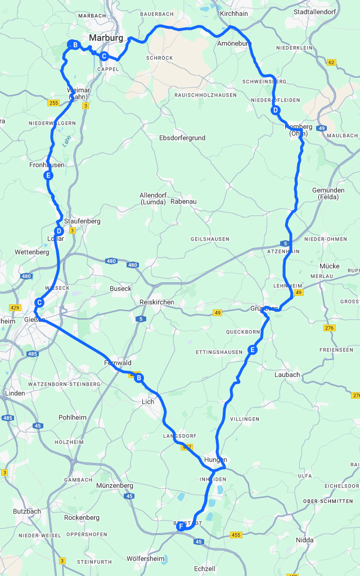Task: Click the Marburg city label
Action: coord(106,38)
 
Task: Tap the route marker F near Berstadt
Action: coord(181,527)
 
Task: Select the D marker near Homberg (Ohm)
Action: coord(275,110)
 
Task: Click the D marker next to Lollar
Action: coord(58,231)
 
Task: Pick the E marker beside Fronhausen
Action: coord(48,175)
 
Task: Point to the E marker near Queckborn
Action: coord(252,350)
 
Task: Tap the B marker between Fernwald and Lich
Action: coord(139,378)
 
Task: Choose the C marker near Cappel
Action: coord(104,56)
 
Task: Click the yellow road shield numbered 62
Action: coord(331,62)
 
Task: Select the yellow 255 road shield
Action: coord(53,103)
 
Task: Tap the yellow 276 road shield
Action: coord(329,328)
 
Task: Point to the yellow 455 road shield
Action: coord(235,535)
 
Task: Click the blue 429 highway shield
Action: coord(15,308)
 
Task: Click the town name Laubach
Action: coord(287,375)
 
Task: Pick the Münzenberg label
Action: coord(114,485)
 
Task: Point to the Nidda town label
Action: coord(304,540)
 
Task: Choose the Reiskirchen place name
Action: coord(156,303)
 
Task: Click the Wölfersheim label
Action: coord(146,559)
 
